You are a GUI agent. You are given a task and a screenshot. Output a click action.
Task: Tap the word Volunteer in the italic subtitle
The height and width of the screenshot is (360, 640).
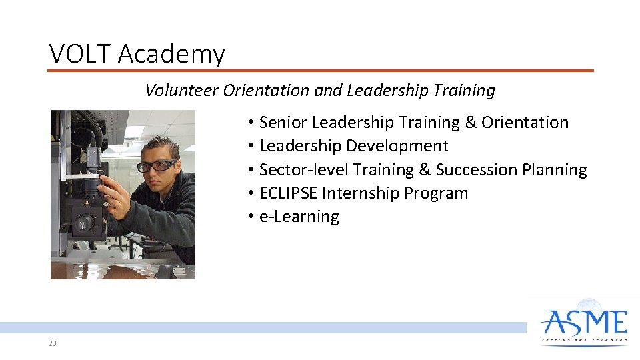point(182,91)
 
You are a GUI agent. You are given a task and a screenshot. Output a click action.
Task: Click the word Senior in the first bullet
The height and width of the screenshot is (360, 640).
point(283,123)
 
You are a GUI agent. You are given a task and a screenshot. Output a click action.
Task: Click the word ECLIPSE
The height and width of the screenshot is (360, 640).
point(288,193)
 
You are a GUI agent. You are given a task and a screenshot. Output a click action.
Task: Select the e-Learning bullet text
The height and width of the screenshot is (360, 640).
point(299,217)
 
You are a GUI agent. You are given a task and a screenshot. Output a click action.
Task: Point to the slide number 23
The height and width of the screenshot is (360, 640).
point(52,343)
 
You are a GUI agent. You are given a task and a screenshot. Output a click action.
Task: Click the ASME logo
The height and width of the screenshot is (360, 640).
point(584,323)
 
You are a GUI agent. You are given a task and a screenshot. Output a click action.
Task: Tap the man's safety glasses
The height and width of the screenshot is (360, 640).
point(157,165)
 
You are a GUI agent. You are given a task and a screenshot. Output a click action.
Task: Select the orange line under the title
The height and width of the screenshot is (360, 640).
point(320,70)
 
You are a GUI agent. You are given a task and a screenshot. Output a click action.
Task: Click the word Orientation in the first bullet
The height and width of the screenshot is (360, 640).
point(525,123)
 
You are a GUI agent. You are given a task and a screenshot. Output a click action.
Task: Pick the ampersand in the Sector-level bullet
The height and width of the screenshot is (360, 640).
point(425,170)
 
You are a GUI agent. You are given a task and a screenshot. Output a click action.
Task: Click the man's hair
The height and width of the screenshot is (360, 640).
point(160,144)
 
